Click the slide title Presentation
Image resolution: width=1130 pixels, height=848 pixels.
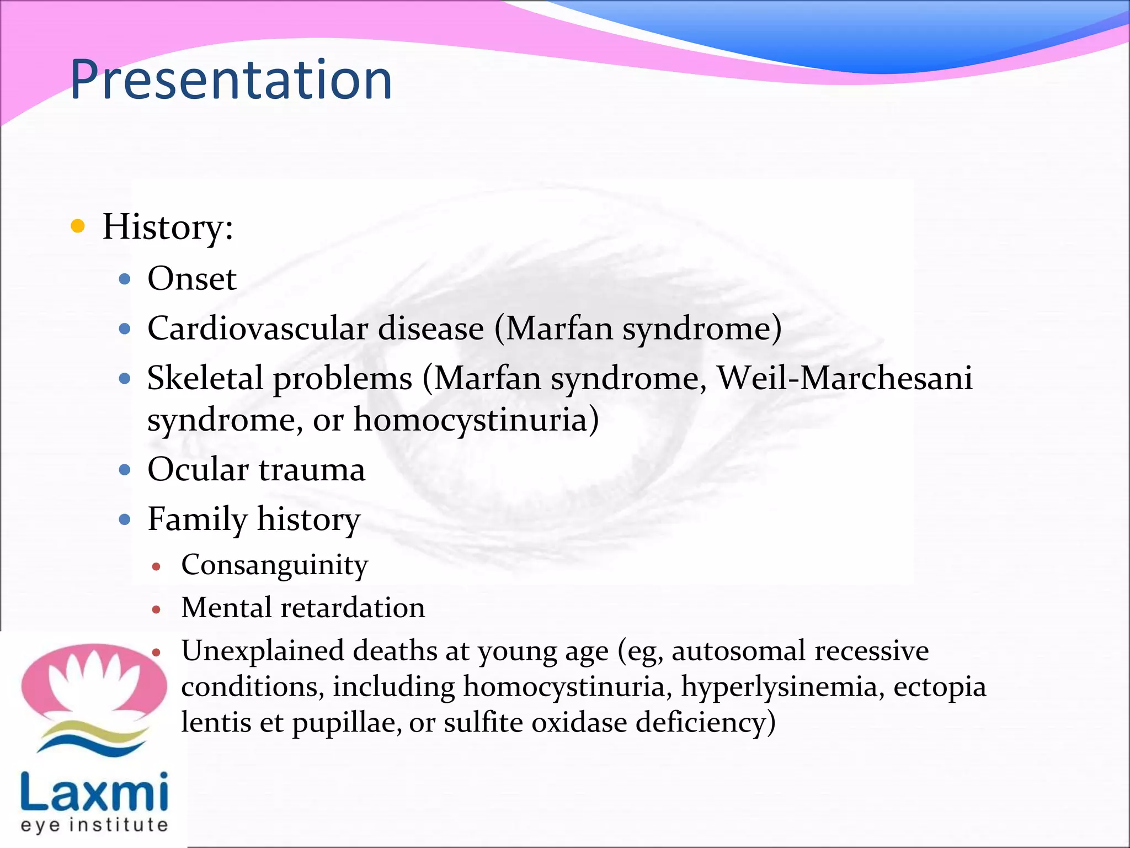click(231, 81)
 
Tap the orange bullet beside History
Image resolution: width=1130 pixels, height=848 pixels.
click(78, 226)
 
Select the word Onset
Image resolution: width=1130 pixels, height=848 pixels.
click(192, 279)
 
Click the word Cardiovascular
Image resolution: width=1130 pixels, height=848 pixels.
click(257, 329)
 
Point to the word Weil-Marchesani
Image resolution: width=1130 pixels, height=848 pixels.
click(844, 379)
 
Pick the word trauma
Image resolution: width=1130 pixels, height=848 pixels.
click(312, 470)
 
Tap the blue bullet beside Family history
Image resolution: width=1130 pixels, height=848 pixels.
click(125, 520)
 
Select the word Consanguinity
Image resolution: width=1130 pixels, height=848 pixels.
click(274, 565)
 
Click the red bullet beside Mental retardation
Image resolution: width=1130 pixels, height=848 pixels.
click(156, 609)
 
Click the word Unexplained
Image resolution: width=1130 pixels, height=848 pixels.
click(263, 651)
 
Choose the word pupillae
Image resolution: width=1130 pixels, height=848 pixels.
click(347, 723)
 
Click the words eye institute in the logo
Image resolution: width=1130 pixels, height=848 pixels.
click(94, 826)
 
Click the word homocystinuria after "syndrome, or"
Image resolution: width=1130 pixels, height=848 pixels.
click(476, 420)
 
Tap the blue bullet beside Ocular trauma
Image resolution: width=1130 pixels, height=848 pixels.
click(125, 470)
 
